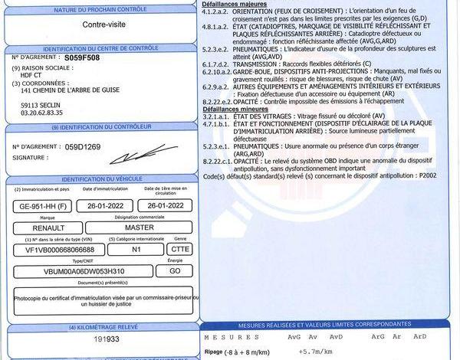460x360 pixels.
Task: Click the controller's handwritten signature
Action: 134,156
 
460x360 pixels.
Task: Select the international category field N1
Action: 136,250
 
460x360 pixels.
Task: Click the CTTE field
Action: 180,250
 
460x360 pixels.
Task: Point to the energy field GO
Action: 175,271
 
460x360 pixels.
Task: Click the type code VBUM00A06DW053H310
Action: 79,271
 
